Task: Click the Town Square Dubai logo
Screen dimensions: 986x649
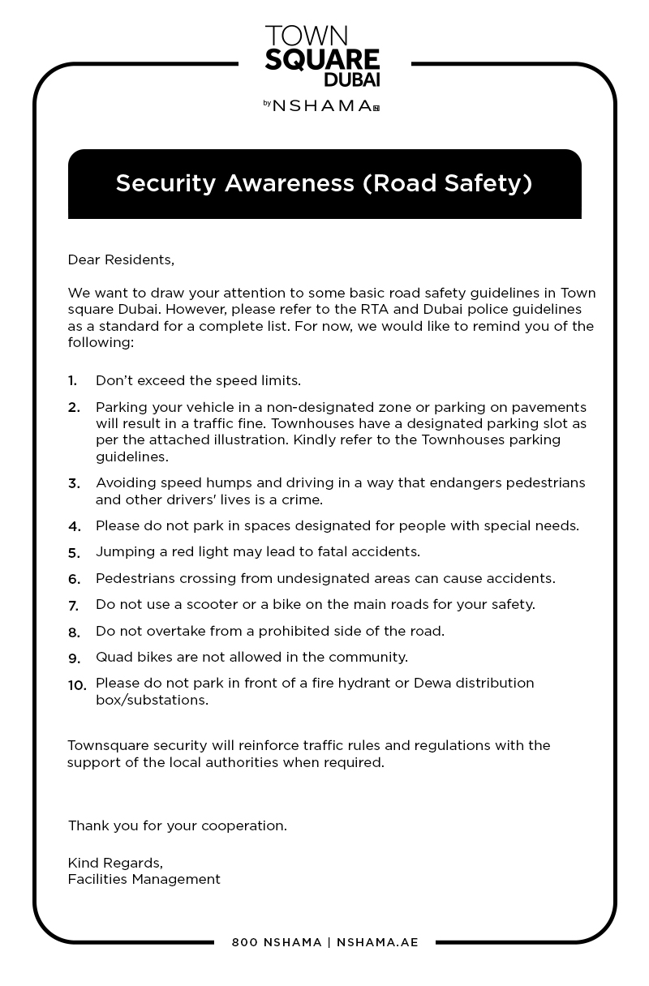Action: tap(322, 55)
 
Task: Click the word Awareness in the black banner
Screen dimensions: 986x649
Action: tap(289, 183)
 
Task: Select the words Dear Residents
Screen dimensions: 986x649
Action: tap(121, 260)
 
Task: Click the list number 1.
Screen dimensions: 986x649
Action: tap(72, 381)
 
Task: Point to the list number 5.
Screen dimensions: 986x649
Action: tap(73, 553)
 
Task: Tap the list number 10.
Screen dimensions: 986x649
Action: tap(76, 685)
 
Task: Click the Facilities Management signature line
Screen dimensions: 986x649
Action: tap(144, 879)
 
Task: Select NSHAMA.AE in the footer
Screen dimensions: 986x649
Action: tap(377, 942)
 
